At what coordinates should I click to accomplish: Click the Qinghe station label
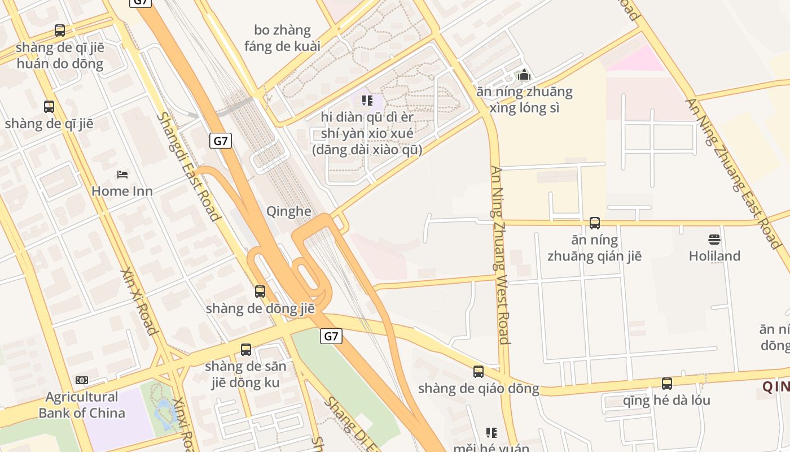point(288,211)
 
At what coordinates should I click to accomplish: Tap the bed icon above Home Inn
point(122,174)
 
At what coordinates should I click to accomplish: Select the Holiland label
point(714,256)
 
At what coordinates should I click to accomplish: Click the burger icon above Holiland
point(714,240)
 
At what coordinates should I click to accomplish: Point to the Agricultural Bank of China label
point(82,405)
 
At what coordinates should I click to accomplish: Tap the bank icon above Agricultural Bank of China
point(82,380)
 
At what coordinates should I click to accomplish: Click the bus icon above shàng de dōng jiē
point(260,292)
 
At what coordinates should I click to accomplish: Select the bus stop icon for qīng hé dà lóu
point(667,384)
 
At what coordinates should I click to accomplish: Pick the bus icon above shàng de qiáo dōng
point(479,372)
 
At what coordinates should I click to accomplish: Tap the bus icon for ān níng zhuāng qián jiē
point(595,223)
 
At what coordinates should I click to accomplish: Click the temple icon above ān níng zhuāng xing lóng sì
point(524,75)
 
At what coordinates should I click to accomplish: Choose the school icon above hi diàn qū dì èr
point(367,101)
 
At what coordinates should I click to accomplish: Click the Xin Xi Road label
point(138,301)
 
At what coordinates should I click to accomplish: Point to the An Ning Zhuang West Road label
point(500,254)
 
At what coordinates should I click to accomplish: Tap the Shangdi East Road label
point(188,166)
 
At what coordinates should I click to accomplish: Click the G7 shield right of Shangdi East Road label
point(221,141)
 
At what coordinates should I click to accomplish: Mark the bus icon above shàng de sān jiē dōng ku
point(246,350)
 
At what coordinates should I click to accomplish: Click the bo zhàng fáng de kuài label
point(282,38)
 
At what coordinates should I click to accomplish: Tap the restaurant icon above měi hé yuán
point(491,433)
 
